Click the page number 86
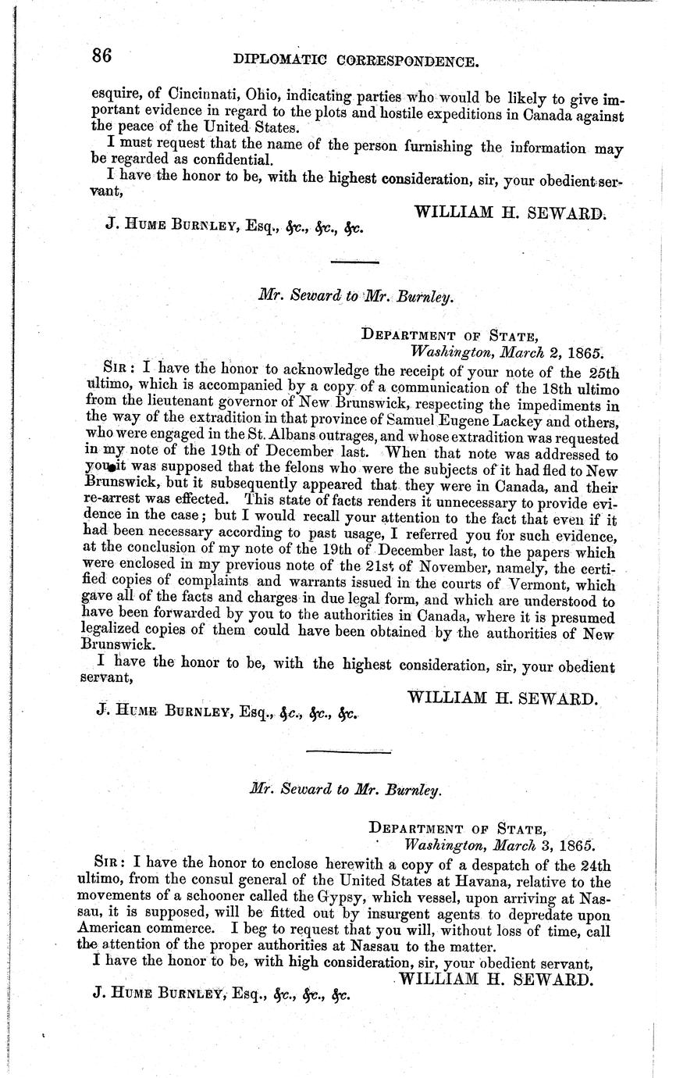pyautogui.click(x=102, y=56)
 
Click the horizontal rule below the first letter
pyautogui.click(x=354, y=262)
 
